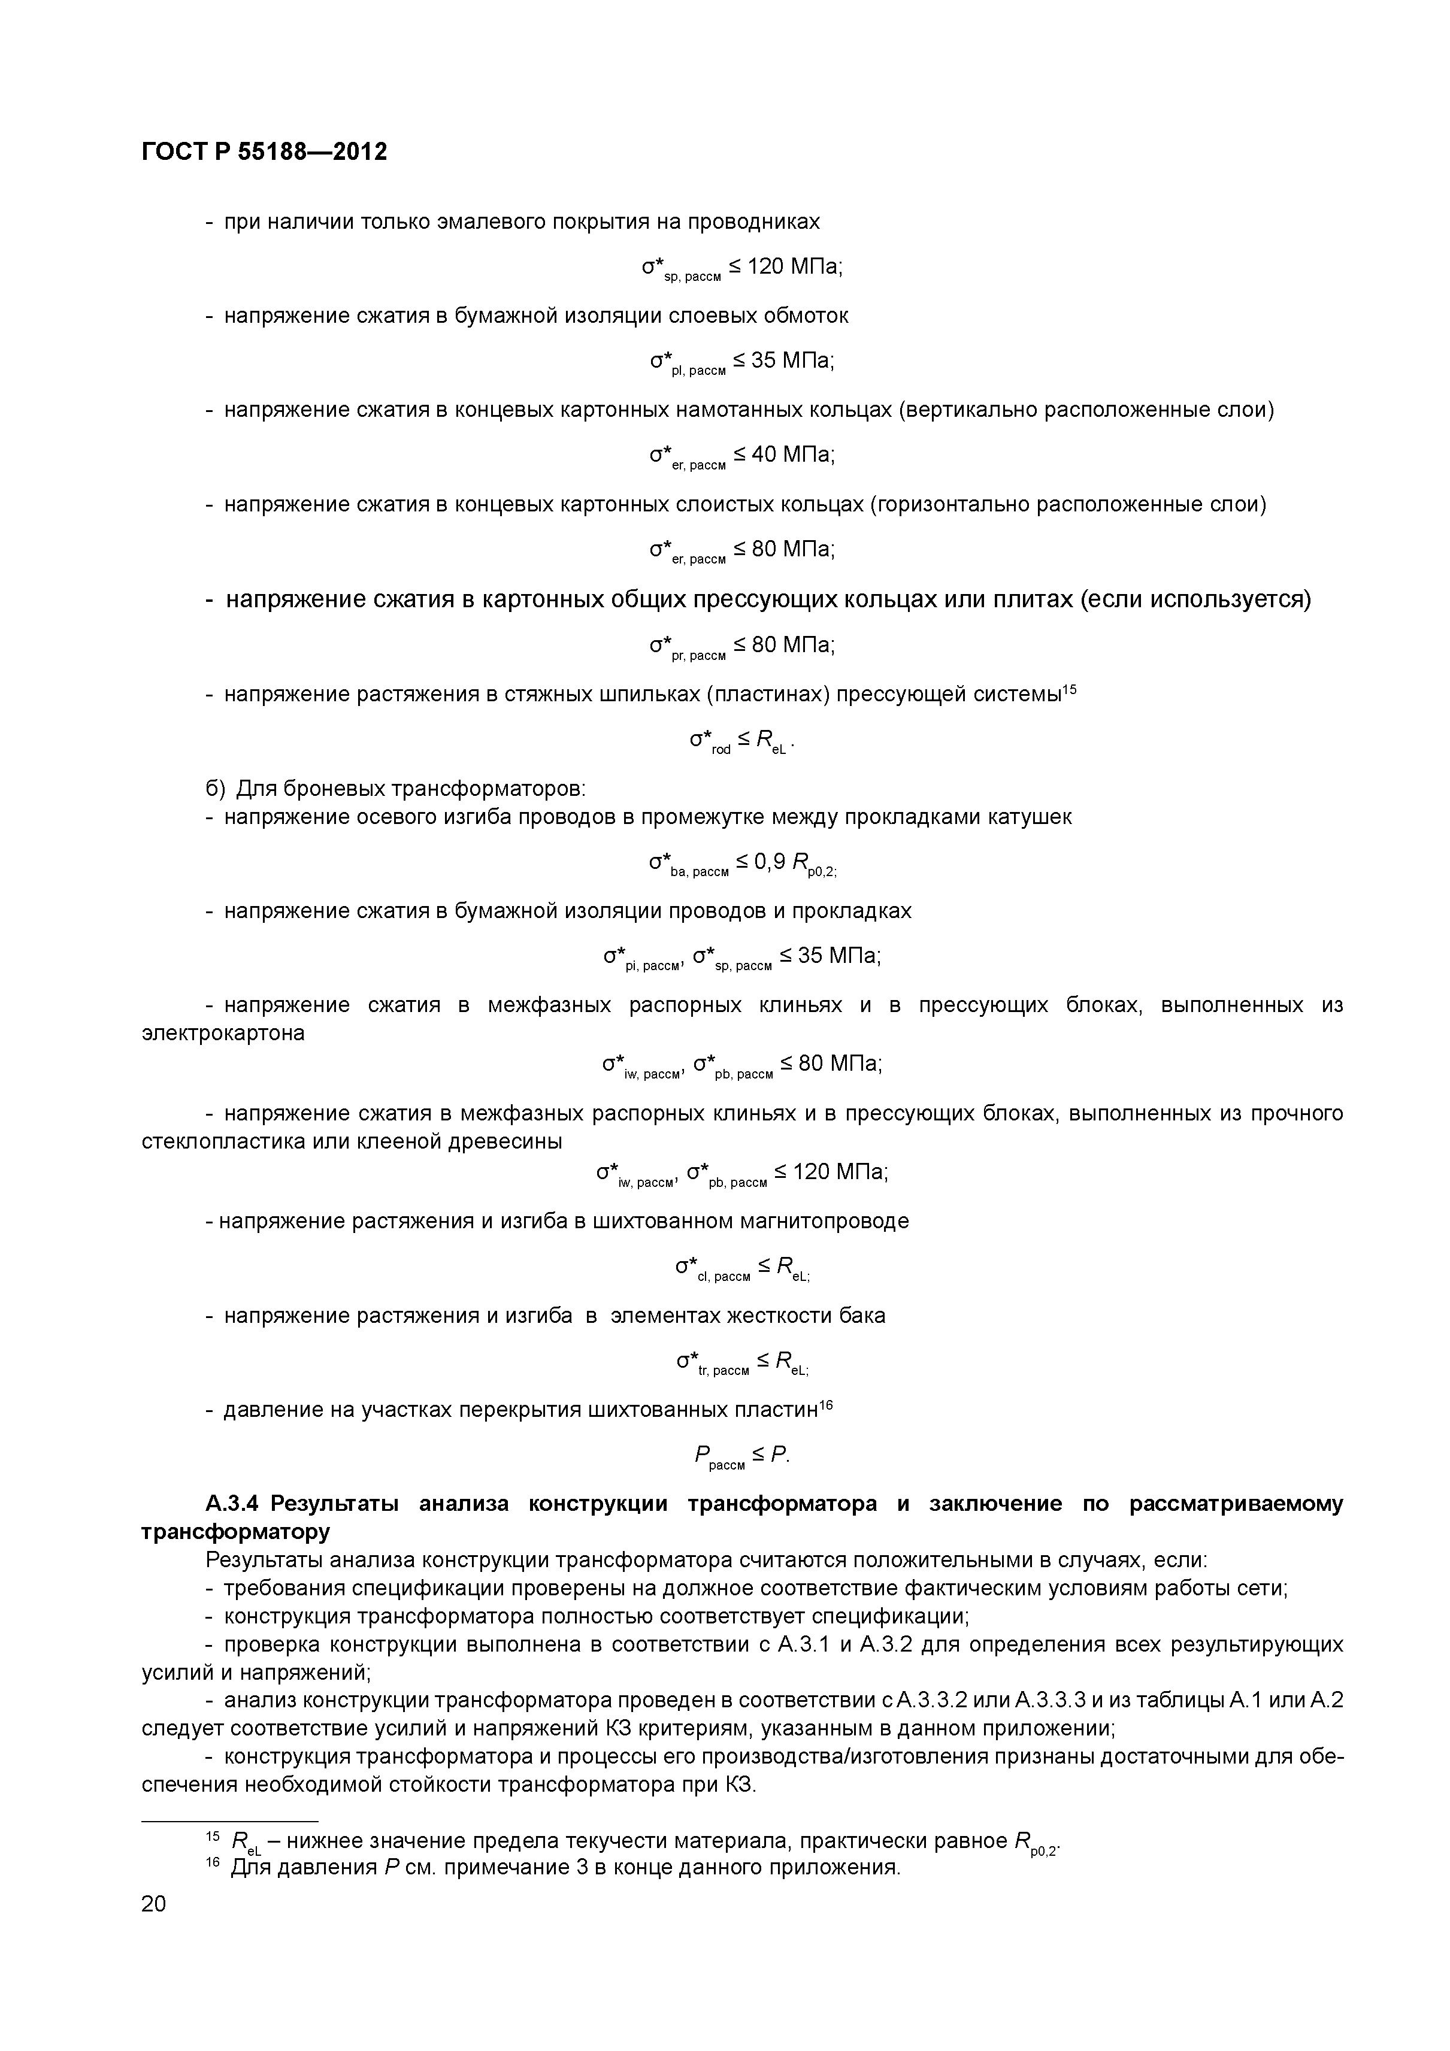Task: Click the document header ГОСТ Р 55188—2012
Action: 265,153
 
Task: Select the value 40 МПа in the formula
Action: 792,455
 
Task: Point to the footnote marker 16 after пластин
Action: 827,1406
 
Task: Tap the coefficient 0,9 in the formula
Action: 769,861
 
